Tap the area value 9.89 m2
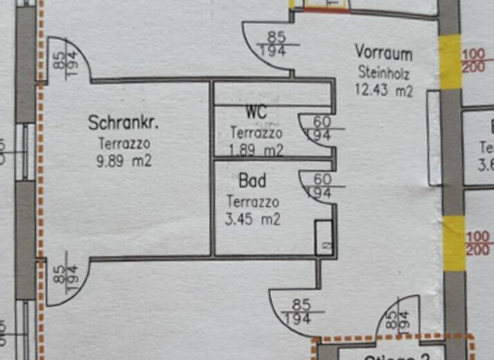124,161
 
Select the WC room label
256,113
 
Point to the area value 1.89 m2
256,150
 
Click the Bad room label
252,180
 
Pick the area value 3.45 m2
253,219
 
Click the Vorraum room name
383,52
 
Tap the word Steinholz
383,71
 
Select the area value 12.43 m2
384,90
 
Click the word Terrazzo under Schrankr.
124,143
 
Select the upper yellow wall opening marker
450,62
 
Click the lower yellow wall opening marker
453,234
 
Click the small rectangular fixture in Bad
324,237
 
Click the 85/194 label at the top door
277,44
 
